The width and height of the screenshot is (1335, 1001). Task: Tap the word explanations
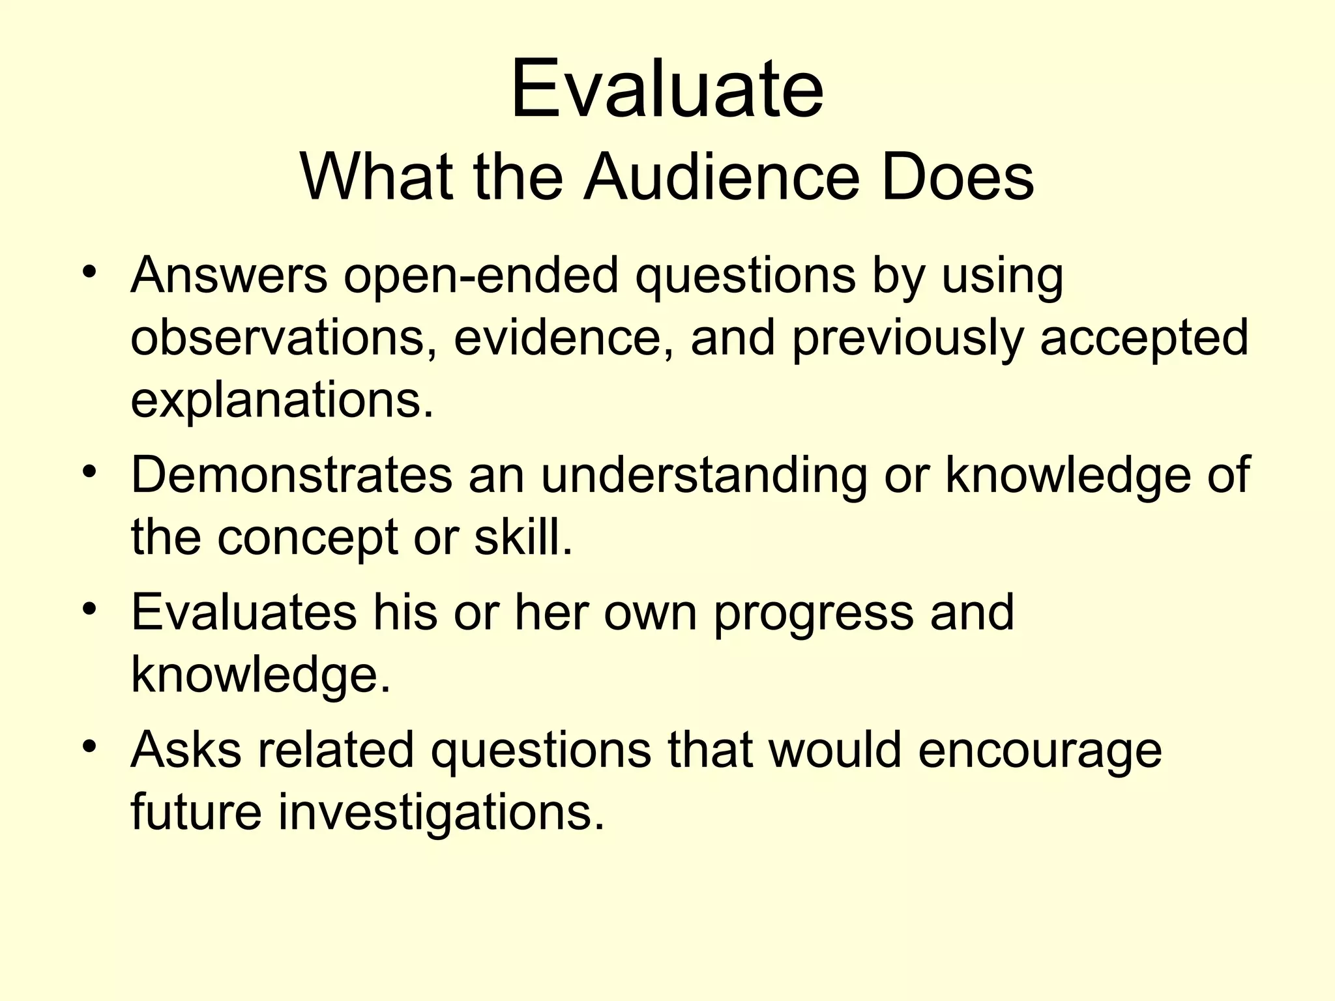tap(282, 401)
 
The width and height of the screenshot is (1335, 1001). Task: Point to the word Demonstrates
tap(291, 475)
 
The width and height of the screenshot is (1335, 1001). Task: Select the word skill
tap(523, 538)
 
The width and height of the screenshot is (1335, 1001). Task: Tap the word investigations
tap(441, 813)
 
